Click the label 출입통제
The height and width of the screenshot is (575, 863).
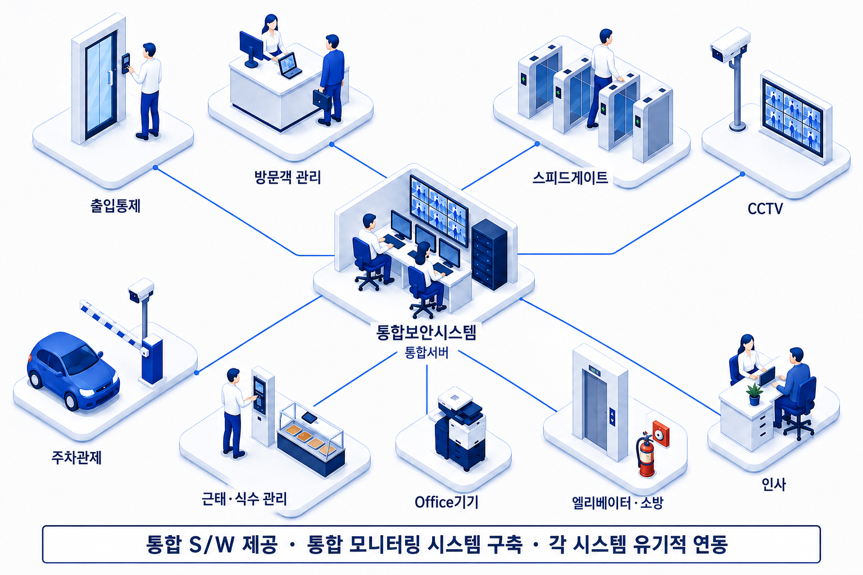tap(115, 206)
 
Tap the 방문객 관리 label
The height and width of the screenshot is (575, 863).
tap(288, 177)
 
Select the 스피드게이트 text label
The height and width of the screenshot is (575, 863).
tap(570, 177)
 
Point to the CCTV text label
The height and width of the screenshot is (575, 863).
tap(765, 209)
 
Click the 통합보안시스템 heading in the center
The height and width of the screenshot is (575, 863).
tap(426, 332)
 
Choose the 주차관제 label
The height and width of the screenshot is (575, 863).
tap(76, 458)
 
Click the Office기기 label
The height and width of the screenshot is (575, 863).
tap(446, 502)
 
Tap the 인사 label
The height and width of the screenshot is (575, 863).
tap(774, 485)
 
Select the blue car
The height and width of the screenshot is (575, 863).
tap(72, 371)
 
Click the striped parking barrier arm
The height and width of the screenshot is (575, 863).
tap(112, 325)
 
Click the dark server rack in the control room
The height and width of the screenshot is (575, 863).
tap(489, 254)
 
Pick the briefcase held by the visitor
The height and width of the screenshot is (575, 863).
tap(322, 100)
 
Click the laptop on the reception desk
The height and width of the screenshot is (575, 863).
tap(289, 66)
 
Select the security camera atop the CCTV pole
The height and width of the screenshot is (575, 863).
tap(730, 45)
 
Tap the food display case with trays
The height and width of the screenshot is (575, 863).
tap(311, 439)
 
